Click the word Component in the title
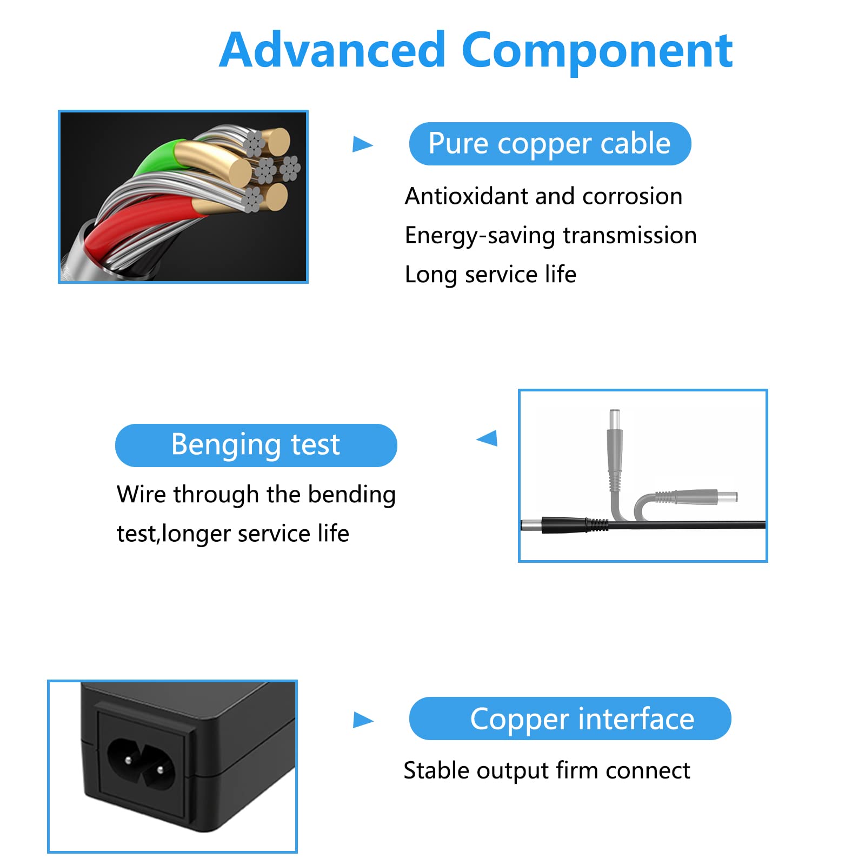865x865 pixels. point(597,51)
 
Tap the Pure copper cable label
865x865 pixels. point(550,144)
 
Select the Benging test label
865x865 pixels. point(256,445)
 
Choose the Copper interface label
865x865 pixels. point(570,718)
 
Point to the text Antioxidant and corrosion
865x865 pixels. point(543,196)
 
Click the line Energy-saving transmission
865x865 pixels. point(550,236)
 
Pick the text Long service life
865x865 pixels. point(490,275)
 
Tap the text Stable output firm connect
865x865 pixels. point(547,770)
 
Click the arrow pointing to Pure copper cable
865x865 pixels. point(362,144)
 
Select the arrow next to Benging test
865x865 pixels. point(487,438)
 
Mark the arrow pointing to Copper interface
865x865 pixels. point(363,720)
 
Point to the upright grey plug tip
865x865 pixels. point(615,420)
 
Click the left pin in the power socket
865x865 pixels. point(128,760)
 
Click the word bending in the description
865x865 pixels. point(351,495)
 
